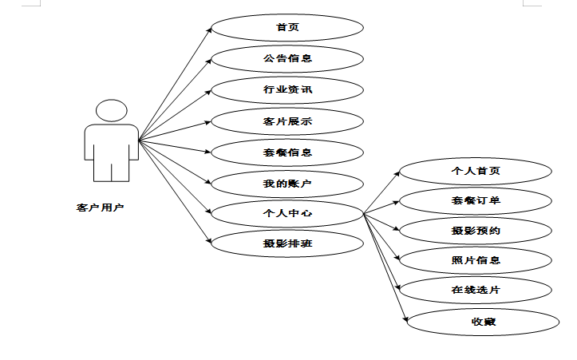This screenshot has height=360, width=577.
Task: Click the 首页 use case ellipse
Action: click(x=287, y=28)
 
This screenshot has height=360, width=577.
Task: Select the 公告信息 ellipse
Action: click(x=287, y=59)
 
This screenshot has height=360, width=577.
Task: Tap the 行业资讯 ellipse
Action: click(x=287, y=90)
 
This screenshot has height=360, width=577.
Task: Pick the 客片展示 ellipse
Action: click(x=287, y=121)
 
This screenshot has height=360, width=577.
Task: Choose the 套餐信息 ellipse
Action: click(x=287, y=152)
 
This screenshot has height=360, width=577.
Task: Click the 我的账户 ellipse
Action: click(x=287, y=184)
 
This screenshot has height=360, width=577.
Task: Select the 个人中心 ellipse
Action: click(x=287, y=213)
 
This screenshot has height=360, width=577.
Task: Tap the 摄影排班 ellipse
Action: click(x=287, y=243)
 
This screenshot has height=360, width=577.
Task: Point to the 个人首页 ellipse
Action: click(x=476, y=171)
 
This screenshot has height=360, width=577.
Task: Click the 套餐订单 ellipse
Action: click(x=476, y=201)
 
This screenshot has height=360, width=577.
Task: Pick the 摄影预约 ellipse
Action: click(x=476, y=231)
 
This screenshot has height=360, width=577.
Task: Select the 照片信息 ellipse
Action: click(x=476, y=260)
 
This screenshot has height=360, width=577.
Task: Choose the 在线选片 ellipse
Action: click(x=476, y=290)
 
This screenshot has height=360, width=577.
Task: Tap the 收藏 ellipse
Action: click(x=483, y=322)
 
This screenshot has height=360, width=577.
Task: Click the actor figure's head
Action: click(x=112, y=110)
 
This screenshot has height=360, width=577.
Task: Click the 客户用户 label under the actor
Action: click(x=100, y=208)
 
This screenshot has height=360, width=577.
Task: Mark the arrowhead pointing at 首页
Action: click(x=209, y=30)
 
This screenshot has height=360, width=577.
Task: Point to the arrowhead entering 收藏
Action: click(x=405, y=319)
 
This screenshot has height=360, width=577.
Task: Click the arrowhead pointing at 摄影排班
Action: click(x=209, y=241)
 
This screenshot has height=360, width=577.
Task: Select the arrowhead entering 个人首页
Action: click(x=397, y=174)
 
